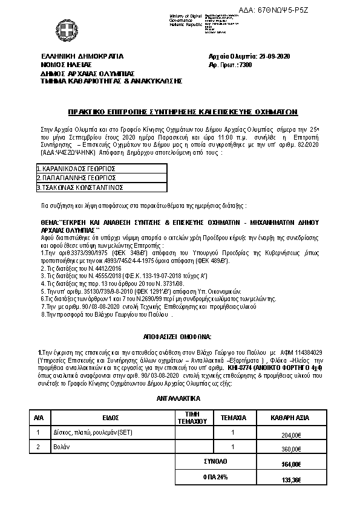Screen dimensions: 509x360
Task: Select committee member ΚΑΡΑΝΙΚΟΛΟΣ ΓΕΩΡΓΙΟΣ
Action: (x=76, y=168)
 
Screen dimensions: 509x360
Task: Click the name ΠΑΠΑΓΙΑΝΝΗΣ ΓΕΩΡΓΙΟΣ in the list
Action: (x=76, y=178)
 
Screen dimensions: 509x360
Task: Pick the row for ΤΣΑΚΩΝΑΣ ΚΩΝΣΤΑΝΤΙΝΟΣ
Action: (x=76, y=187)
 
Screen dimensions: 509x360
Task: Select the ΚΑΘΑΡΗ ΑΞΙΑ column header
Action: (x=287, y=417)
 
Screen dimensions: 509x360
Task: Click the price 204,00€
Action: (x=291, y=435)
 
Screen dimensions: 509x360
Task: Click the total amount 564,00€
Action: (x=291, y=464)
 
